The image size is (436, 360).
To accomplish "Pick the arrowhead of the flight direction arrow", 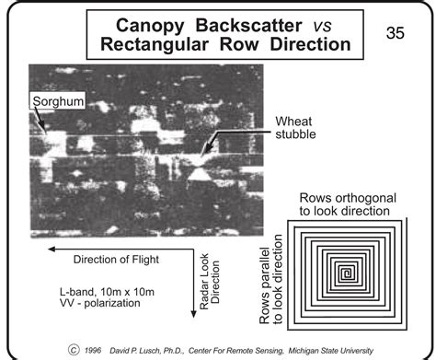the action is pos(54,248).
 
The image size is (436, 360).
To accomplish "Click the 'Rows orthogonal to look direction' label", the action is pos(345,203).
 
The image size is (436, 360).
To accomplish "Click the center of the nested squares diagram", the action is pos(348,272).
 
